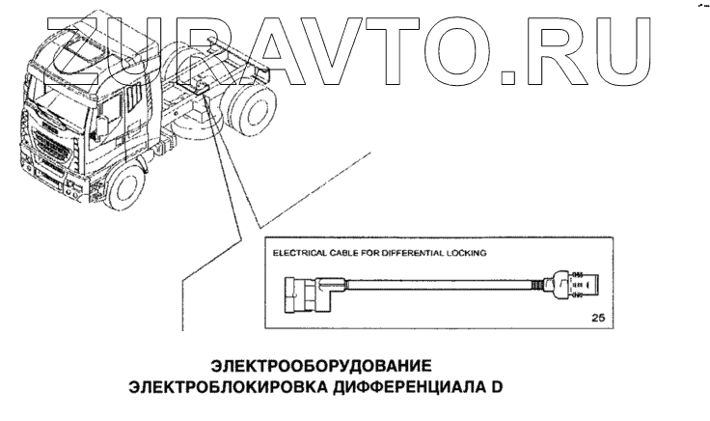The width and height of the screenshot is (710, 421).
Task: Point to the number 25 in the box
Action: (x=598, y=316)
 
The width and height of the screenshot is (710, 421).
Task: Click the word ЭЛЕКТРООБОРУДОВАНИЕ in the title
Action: (x=319, y=367)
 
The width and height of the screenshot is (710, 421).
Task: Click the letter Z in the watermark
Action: (x=61, y=43)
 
